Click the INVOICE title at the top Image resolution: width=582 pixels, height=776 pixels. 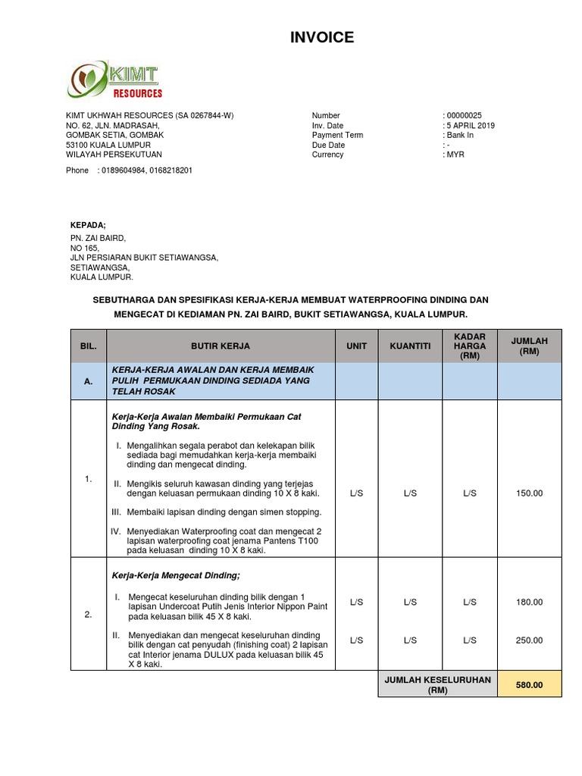click(x=321, y=37)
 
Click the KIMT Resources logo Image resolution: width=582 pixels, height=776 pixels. click(x=115, y=80)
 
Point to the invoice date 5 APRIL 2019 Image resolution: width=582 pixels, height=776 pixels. click(x=470, y=126)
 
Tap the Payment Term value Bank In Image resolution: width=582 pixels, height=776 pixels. click(x=460, y=136)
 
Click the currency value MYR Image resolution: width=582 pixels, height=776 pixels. click(x=455, y=155)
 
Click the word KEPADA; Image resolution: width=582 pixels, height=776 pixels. click(x=89, y=225)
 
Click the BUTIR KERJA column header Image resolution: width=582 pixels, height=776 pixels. click(x=220, y=346)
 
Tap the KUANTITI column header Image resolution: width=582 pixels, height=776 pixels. click(x=410, y=346)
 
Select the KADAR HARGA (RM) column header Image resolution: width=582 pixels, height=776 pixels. click(x=469, y=346)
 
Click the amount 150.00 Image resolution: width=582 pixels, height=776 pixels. click(x=529, y=493)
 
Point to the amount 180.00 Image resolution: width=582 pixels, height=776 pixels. click(x=529, y=602)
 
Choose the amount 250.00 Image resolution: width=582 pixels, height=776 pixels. click(x=529, y=640)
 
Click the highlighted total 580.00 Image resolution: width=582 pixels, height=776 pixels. click(x=530, y=685)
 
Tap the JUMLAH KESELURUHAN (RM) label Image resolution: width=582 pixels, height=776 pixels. click(x=437, y=685)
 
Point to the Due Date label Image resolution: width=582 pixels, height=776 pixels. click(x=328, y=145)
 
